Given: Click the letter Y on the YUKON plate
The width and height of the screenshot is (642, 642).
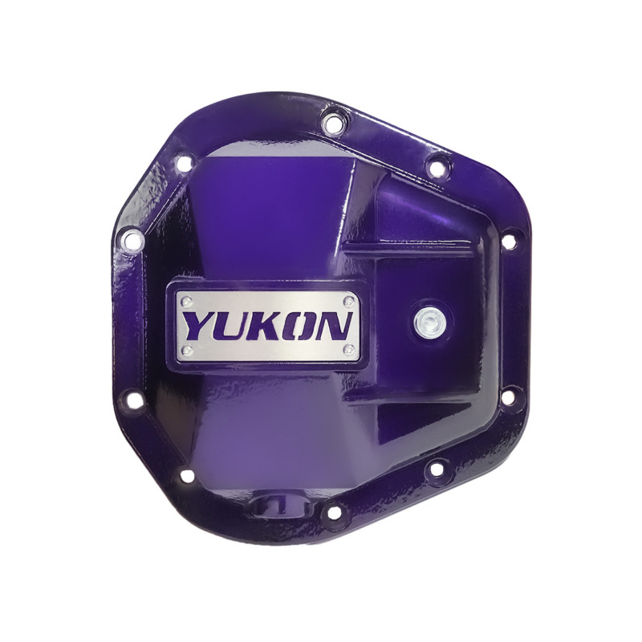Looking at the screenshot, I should click(x=199, y=327).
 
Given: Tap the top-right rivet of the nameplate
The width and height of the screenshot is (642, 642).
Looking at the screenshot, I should click(x=349, y=301).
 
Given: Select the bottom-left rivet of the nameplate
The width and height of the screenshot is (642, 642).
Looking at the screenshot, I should click(x=186, y=351).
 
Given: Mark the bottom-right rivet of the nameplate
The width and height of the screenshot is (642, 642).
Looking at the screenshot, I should click(x=349, y=351).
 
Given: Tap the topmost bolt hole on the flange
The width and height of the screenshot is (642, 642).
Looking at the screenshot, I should click(x=330, y=123).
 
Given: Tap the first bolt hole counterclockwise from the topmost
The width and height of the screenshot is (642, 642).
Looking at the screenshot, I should click(x=184, y=164).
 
